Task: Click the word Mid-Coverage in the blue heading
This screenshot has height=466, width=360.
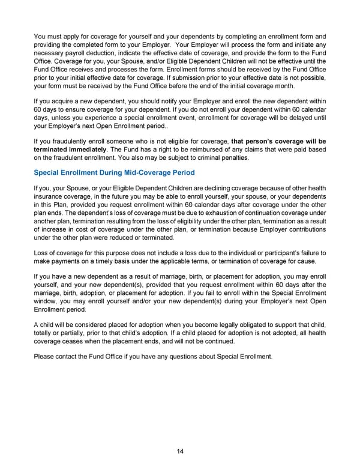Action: pyautogui.click(x=136, y=173)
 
